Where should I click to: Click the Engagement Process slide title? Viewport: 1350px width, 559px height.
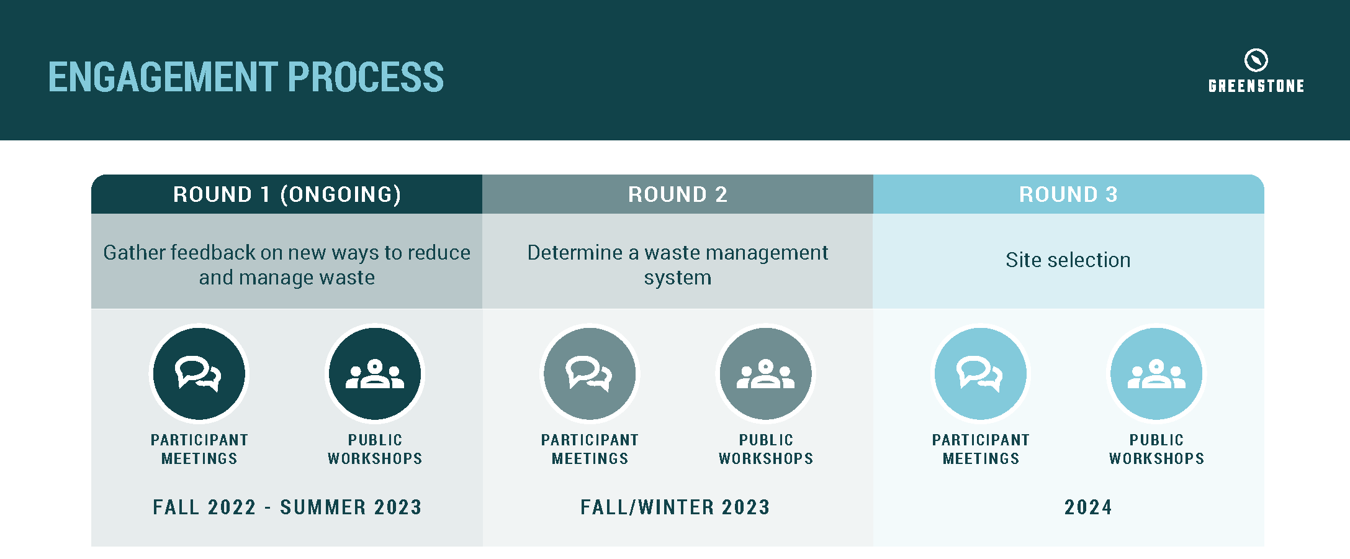point(246,77)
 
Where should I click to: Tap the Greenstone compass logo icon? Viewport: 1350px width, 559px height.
point(1256,60)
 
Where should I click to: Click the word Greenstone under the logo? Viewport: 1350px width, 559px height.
point(1256,86)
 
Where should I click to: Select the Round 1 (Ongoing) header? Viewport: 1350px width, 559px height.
point(287,194)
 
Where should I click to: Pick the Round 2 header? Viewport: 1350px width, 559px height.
point(678,194)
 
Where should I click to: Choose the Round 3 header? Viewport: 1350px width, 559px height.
point(1068,194)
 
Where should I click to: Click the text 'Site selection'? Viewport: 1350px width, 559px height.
point(1068,260)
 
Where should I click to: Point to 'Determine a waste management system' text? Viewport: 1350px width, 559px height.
point(678,265)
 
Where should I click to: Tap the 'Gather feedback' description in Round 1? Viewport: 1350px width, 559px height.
point(287,265)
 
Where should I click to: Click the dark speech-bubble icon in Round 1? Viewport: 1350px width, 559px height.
point(199,374)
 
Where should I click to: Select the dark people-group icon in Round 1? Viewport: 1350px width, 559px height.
point(375,374)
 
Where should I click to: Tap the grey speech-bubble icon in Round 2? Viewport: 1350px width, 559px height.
point(590,374)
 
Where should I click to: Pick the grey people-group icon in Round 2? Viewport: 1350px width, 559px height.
point(766,374)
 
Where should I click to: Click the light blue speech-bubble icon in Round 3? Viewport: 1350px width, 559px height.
point(981,374)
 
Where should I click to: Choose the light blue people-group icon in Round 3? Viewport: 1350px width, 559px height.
point(1156,374)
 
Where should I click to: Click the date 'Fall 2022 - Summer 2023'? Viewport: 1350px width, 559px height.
point(287,507)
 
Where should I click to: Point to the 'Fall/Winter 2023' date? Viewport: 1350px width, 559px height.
point(675,507)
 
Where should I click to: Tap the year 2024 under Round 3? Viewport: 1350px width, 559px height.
point(1088,507)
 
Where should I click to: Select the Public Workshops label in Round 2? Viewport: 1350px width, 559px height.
point(766,449)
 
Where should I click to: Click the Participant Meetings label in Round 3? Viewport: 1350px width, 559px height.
point(981,449)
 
